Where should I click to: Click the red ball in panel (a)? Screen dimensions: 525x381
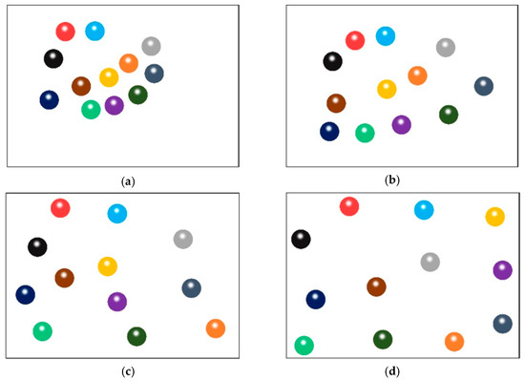[65, 32]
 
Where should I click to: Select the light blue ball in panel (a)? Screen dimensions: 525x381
[94, 31]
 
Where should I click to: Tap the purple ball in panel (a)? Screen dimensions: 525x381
[115, 105]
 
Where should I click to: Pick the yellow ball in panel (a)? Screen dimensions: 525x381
[109, 77]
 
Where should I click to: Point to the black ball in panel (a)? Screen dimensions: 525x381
[53, 58]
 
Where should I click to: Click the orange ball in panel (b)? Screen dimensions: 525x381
[417, 75]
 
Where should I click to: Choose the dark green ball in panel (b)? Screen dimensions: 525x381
[449, 115]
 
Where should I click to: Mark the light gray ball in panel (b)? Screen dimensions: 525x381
[446, 48]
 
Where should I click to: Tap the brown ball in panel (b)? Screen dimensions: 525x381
[336, 103]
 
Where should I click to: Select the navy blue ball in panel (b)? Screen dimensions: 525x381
[329, 132]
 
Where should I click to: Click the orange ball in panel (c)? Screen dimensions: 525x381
[216, 328]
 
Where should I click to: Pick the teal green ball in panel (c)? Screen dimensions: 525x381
[42, 330]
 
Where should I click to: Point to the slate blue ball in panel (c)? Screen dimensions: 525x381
[191, 287]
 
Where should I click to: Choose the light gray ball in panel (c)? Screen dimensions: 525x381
[183, 239]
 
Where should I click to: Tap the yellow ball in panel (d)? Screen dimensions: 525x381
[494, 217]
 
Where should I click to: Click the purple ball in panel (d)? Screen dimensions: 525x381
[502, 270]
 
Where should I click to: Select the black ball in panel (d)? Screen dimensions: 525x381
[301, 239]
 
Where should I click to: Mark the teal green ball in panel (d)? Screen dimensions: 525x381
[304, 345]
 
